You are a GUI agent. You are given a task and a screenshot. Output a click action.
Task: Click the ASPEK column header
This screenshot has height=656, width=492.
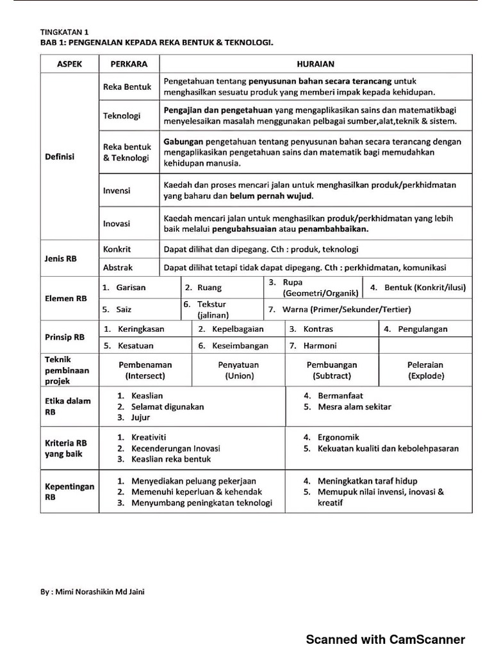tap(69, 64)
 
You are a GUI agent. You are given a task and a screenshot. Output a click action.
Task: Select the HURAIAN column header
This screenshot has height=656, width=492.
tap(315, 64)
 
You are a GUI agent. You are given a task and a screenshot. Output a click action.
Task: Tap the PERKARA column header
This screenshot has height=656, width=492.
tap(129, 64)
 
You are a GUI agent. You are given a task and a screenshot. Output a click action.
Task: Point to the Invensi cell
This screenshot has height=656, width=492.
tap(117, 190)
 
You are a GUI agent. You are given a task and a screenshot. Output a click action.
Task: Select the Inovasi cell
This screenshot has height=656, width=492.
tap(117, 224)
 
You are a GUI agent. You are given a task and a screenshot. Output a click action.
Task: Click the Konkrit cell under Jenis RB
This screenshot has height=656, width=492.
tap(117, 249)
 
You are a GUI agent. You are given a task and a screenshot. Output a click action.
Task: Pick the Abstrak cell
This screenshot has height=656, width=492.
tap(117, 268)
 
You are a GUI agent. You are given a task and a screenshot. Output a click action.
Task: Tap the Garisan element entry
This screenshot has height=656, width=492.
tap(131, 288)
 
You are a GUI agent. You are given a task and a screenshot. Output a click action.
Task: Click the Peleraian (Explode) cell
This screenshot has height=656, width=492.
tap(425, 370)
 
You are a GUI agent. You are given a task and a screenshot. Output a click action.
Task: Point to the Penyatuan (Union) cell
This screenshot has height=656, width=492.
tap(239, 370)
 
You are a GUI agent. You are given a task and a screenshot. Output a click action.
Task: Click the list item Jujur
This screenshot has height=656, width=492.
tap(141, 418)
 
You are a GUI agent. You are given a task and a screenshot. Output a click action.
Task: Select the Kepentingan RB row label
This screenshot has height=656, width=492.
tap(61, 491)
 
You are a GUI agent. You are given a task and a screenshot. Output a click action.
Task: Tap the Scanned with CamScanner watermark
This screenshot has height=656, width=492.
tap(385, 639)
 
